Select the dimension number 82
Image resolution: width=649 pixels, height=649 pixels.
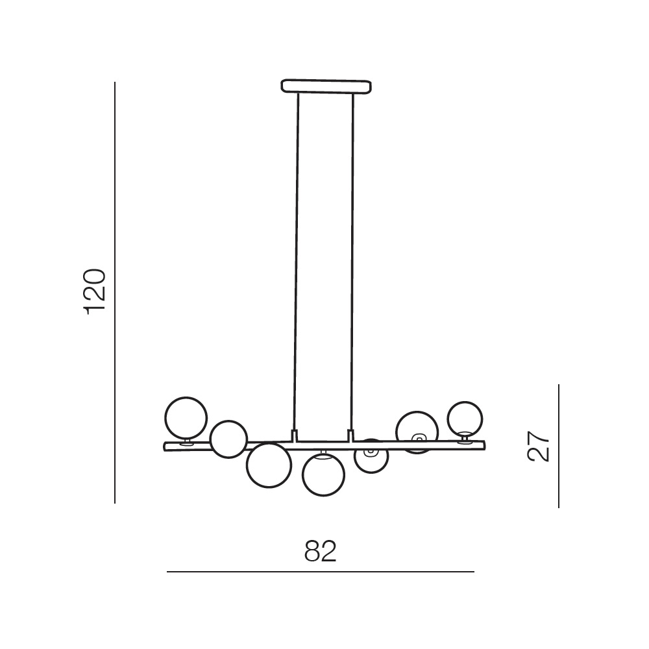(x=321, y=551)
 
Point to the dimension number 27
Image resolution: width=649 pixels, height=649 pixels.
(x=538, y=446)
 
